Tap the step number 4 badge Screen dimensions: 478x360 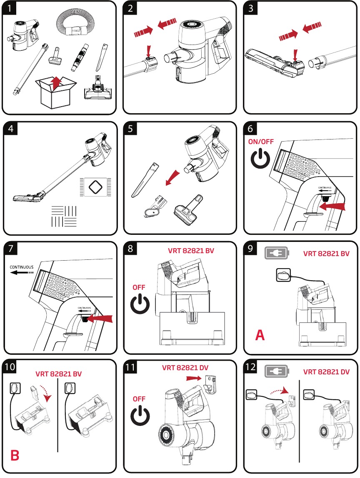10,129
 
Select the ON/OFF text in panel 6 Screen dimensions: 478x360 261,141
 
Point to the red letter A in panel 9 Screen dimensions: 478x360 260,335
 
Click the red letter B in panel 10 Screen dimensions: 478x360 15,455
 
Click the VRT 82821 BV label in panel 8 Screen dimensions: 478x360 191,251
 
